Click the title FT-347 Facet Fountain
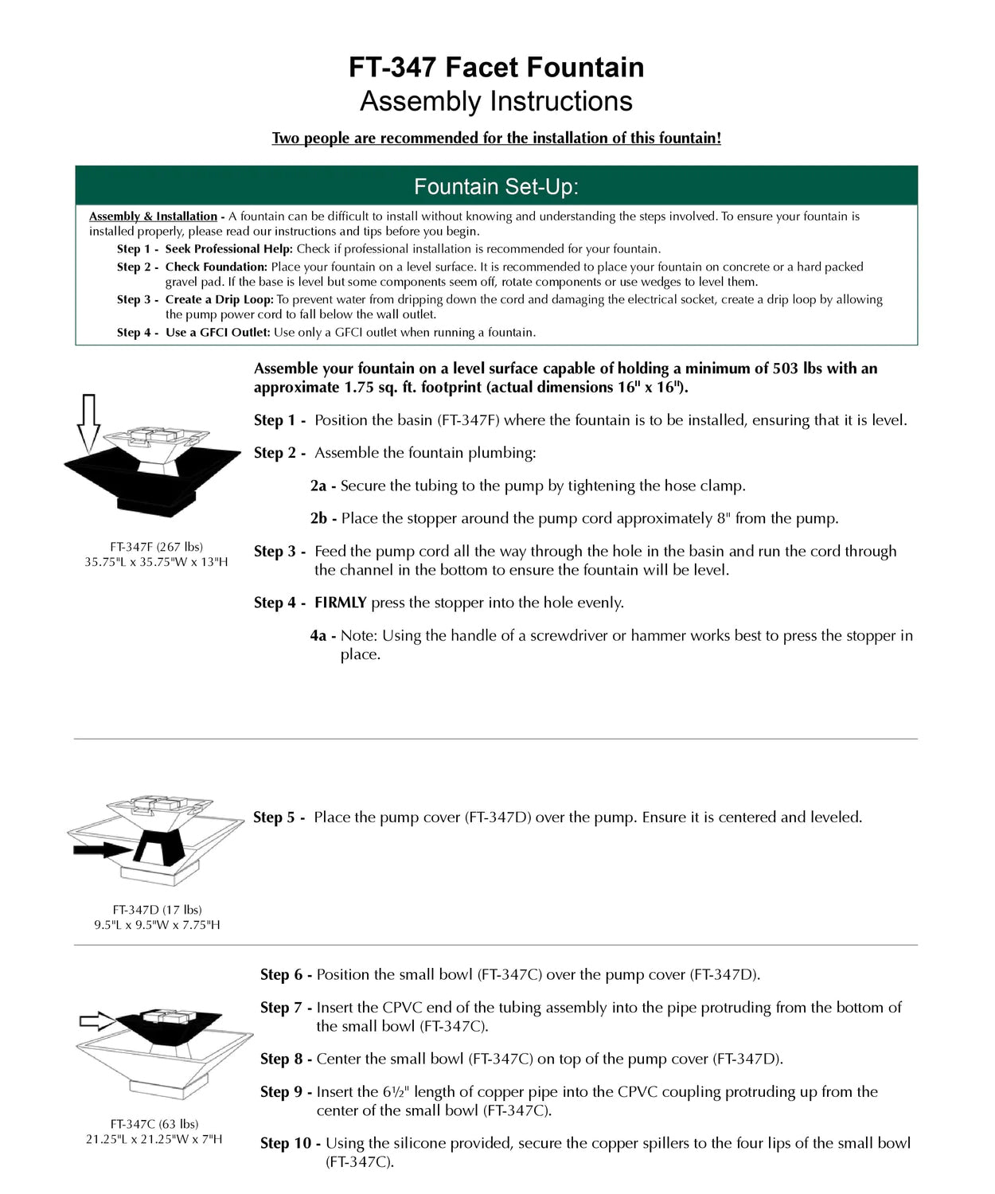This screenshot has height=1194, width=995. click(x=497, y=68)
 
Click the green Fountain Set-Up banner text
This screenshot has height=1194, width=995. click(x=497, y=187)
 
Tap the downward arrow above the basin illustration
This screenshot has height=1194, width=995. click(x=88, y=422)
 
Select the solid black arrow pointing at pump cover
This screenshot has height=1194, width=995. click(x=103, y=850)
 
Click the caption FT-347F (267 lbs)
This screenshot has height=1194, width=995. click(x=156, y=547)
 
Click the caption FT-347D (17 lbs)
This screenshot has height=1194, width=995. click(x=157, y=909)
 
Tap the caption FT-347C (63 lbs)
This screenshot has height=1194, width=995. click(x=154, y=1124)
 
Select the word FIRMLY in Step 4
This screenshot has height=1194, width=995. click(x=340, y=603)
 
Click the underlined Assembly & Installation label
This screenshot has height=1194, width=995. click(x=153, y=217)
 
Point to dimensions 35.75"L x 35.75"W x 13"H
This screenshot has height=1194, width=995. click(x=156, y=562)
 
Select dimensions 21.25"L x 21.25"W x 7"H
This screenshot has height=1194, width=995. click(x=154, y=1139)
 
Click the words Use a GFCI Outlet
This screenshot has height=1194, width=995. click(x=217, y=333)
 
